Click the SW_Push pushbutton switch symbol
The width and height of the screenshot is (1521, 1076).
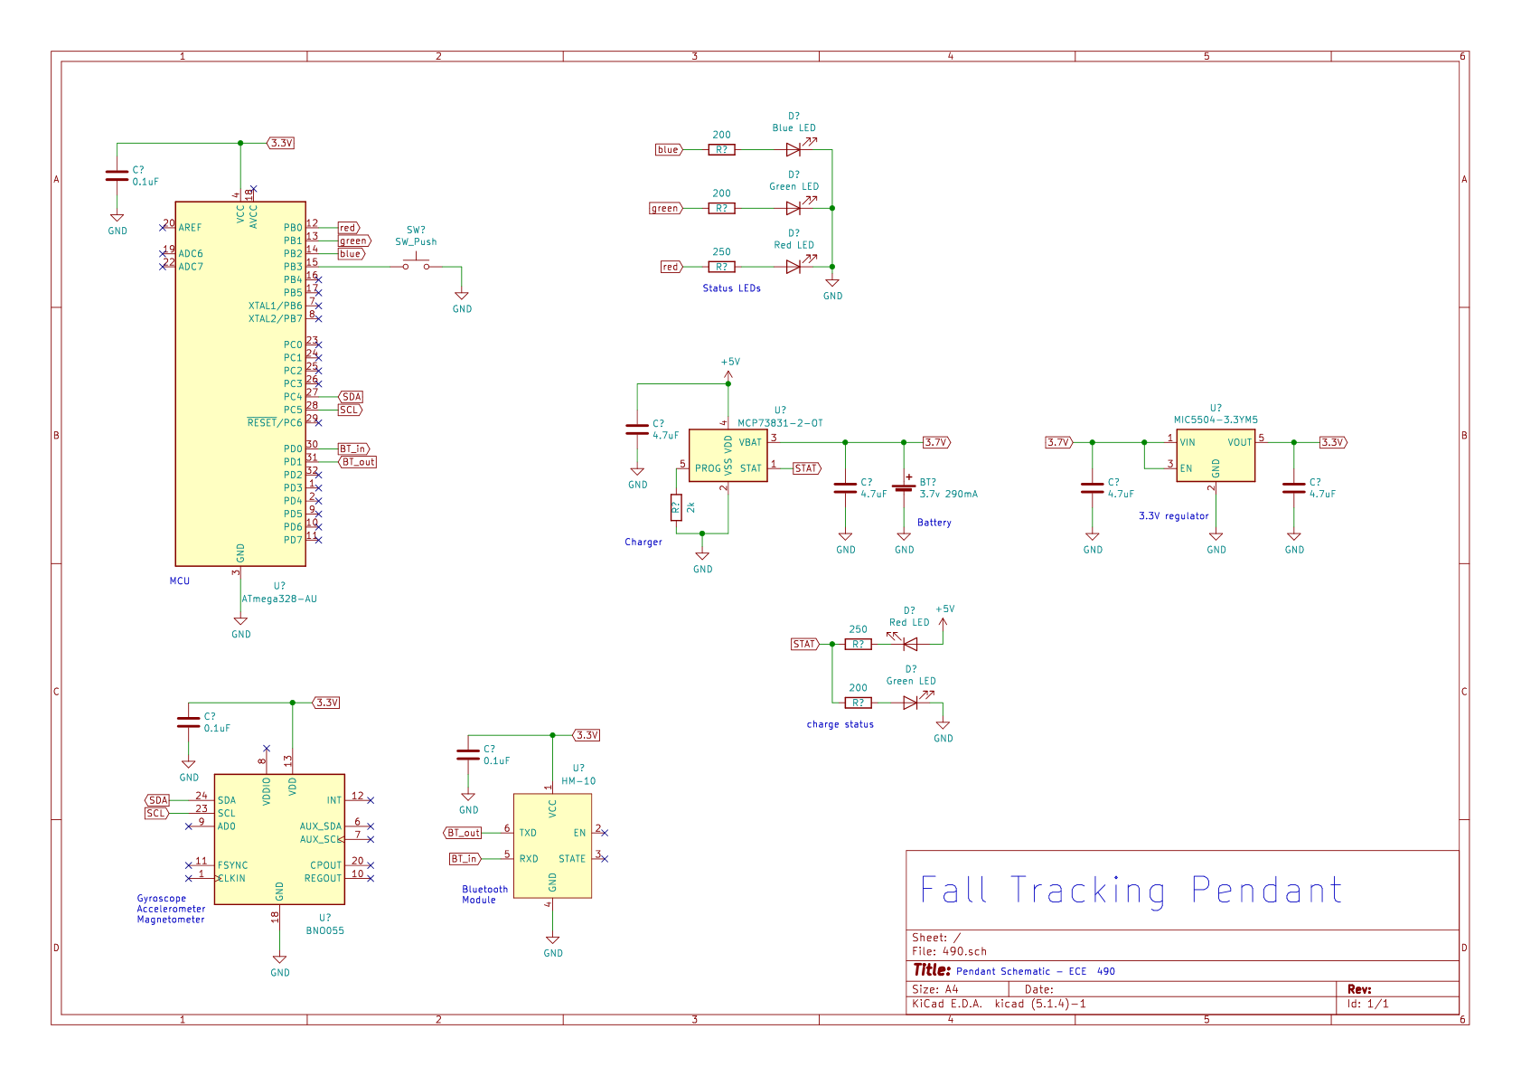click(x=416, y=264)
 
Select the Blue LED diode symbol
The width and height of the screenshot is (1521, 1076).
click(x=793, y=150)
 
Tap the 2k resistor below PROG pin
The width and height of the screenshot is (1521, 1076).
click(x=676, y=507)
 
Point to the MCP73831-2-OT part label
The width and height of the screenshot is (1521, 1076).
click(x=780, y=423)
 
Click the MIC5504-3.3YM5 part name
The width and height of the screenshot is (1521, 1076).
click(x=1216, y=420)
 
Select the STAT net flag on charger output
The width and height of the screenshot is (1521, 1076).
click(x=806, y=468)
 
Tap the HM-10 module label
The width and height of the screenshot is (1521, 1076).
click(x=578, y=781)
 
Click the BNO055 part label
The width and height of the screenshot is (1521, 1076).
click(x=324, y=930)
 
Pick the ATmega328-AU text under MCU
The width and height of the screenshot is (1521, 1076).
click(x=279, y=599)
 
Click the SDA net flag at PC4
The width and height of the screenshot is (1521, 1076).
click(x=352, y=397)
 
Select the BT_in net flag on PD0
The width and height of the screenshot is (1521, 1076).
click(x=353, y=448)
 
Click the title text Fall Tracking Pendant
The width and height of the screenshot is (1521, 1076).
click(x=1131, y=891)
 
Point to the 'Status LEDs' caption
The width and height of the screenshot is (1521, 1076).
click(x=731, y=288)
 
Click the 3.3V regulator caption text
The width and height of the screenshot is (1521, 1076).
click(x=1173, y=516)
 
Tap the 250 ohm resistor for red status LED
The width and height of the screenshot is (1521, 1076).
click(x=721, y=267)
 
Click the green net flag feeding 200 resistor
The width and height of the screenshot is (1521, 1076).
click(x=665, y=209)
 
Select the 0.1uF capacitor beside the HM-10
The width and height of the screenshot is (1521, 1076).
click(x=468, y=755)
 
